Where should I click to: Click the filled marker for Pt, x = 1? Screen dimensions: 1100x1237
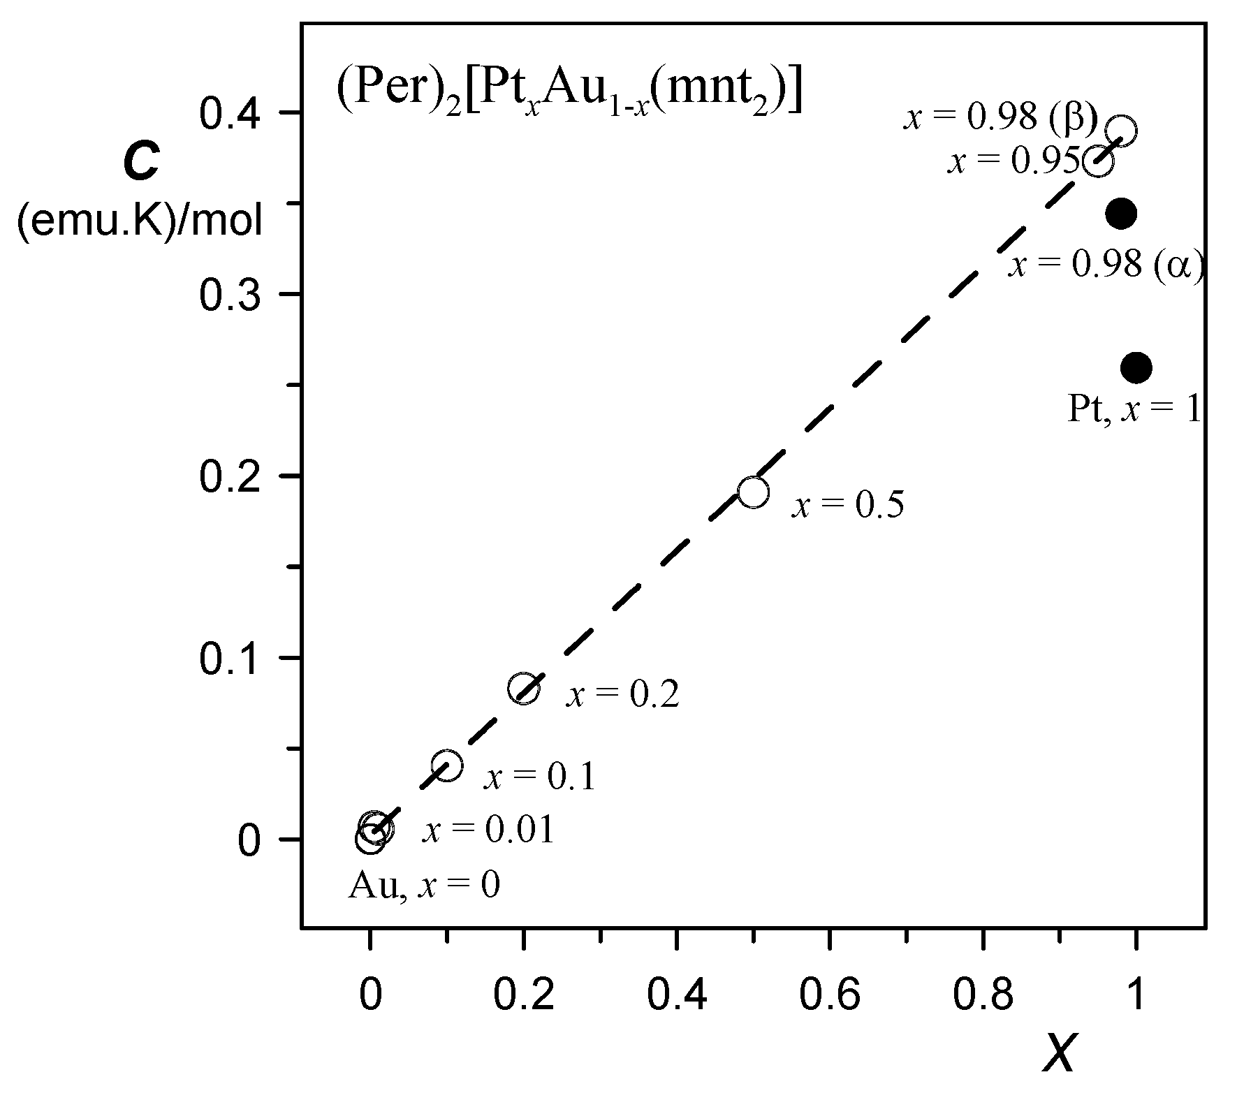pos(1136,367)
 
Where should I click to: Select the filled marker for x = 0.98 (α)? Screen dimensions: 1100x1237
pos(1120,213)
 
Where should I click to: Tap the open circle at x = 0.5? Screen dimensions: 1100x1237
pos(753,492)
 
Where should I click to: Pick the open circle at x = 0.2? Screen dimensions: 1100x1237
pos(524,689)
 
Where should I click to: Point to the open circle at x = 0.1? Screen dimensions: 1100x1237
pos(447,765)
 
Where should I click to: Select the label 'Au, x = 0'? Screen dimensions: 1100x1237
pos(424,886)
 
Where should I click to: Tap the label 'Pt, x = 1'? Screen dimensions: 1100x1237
pos(1134,409)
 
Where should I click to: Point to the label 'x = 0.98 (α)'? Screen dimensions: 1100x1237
pos(1106,265)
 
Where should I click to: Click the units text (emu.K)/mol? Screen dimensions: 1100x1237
pos(140,223)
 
